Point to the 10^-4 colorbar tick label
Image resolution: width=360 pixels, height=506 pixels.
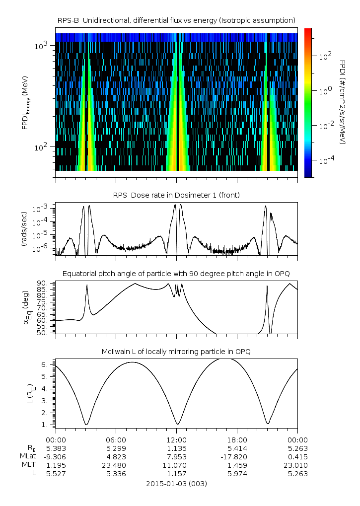click(x=324, y=161)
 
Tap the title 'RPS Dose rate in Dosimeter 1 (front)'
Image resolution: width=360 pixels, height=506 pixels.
click(x=176, y=195)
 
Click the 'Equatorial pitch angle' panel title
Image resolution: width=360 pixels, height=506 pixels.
click(x=176, y=274)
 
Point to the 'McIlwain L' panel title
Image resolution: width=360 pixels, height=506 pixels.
click(x=176, y=352)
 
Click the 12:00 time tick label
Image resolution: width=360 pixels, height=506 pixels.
click(x=176, y=440)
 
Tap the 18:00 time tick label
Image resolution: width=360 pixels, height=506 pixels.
click(x=237, y=440)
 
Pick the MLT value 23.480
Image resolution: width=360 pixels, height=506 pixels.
click(x=116, y=465)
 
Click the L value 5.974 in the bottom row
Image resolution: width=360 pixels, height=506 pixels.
click(x=237, y=474)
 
